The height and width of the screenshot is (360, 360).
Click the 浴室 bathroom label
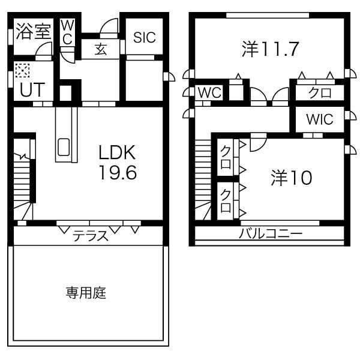pyautogui.click(x=33, y=31)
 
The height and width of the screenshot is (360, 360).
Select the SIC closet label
pyautogui.click(x=144, y=37)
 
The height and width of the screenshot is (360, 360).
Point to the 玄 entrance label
pyautogui.click(x=100, y=50)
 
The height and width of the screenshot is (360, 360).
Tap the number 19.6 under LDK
pyautogui.click(x=118, y=173)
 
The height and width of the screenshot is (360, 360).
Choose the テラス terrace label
pyautogui.click(x=91, y=236)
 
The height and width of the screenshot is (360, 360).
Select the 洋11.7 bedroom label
pyautogui.click(x=271, y=49)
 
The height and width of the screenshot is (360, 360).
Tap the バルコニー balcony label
pyautogui.click(x=270, y=234)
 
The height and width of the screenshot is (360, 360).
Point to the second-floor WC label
pyautogui.click(x=210, y=93)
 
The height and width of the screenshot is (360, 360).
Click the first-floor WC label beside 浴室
pyautogui.click(x=68, y=32)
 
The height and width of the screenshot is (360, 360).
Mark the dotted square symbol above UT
pyautogui.click(x=22, y=71)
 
